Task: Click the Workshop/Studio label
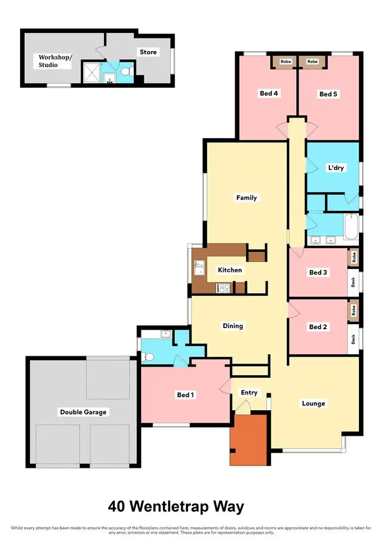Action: point(56,61)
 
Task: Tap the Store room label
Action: point(148,52)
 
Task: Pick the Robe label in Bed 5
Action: point(313,62)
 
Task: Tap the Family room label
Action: point(246,198)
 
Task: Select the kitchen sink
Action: point(199,267)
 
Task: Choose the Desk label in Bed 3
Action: point(353,281)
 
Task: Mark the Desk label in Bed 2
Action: point(353,338)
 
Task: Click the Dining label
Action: point(232,326)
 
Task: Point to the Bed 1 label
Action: point(186,395)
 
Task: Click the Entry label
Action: point(249,392)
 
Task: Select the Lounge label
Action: point(314,403)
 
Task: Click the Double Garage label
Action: point(83,412)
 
